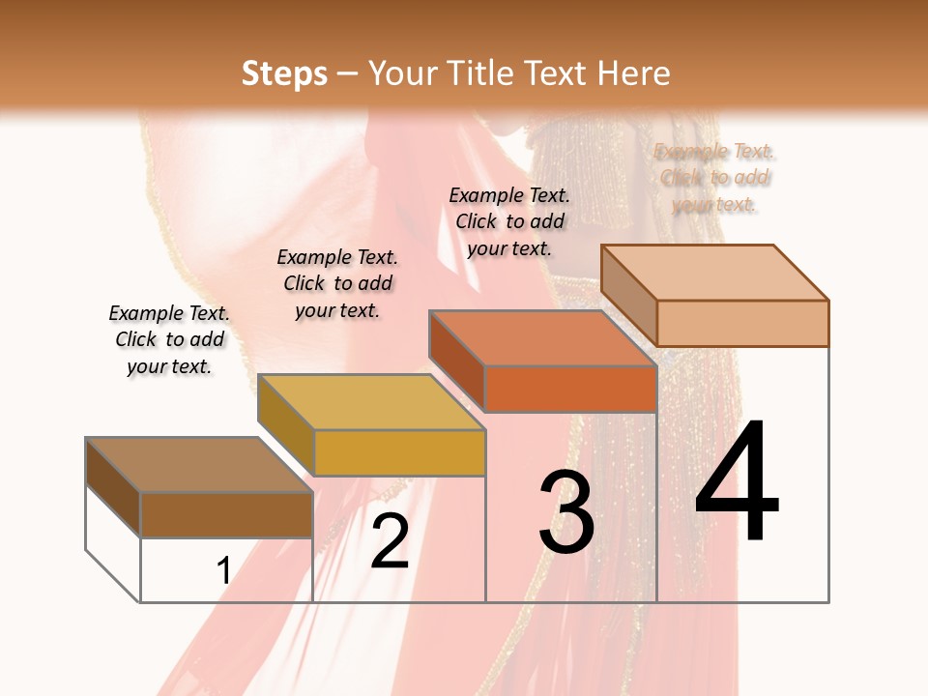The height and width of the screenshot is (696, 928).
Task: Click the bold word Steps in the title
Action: coord(284,73)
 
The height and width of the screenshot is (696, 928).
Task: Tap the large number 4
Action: coord(737,482)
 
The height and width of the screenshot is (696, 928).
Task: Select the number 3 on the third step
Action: coord(566,511)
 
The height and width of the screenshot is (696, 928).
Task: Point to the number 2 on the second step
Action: coord(391,541)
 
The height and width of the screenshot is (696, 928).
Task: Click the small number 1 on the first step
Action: coord(223,571)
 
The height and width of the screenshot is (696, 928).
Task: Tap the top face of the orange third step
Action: coord(542,338)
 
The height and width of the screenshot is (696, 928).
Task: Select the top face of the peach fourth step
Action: coord(715,273)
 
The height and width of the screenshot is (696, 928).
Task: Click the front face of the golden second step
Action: coord(399,452)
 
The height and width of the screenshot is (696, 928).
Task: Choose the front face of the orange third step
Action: coord(570,390)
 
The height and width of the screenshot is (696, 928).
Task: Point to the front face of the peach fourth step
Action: coord(742,323)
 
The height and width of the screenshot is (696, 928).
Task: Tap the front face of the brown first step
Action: coord(227,514)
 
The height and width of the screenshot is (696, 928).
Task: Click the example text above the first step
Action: coord(169,340)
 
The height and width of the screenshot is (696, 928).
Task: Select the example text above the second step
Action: coord(337,284)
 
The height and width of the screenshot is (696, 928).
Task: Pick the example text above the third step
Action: coord(509,221)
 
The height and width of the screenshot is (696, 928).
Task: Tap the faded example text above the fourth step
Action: coord(715,178)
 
